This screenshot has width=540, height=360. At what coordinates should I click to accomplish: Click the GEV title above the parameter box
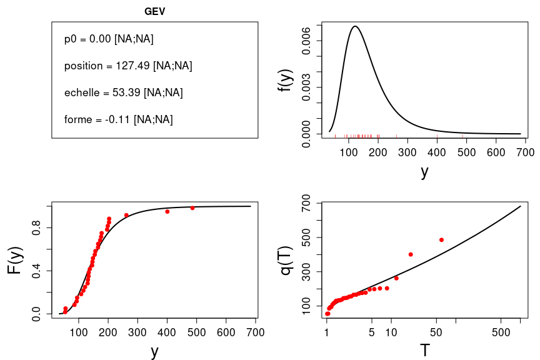(x=155, y=12)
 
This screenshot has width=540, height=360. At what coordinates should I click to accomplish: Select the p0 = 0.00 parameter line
(x=109, y=39)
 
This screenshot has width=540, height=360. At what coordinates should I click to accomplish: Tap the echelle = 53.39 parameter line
(x=123, y=92)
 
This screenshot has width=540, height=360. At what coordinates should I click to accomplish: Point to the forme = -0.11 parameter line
(x=118, y=119)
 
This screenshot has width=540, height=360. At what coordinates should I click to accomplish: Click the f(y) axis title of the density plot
(x=287, y=80)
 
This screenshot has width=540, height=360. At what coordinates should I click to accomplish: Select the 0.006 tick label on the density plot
(x=306, y=41)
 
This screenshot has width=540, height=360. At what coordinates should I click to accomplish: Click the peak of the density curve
(x=355, y=26)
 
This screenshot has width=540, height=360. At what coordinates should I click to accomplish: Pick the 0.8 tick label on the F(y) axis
(x=37, y=229)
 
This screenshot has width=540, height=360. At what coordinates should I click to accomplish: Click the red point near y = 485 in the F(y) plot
(x=192, y=207)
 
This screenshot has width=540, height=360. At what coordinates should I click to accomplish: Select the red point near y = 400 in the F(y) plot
(x=167, y=211)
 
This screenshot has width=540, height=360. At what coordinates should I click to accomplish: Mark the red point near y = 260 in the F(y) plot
(x=126, y=215)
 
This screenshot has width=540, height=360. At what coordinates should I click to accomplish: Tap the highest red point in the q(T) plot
(x=441, y=239)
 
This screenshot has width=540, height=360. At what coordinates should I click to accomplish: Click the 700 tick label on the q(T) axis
(x=306, y=203)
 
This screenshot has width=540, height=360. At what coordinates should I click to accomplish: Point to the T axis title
(x=425, y=351)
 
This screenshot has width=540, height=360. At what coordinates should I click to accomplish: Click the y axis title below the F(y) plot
(x=154, y=351)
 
